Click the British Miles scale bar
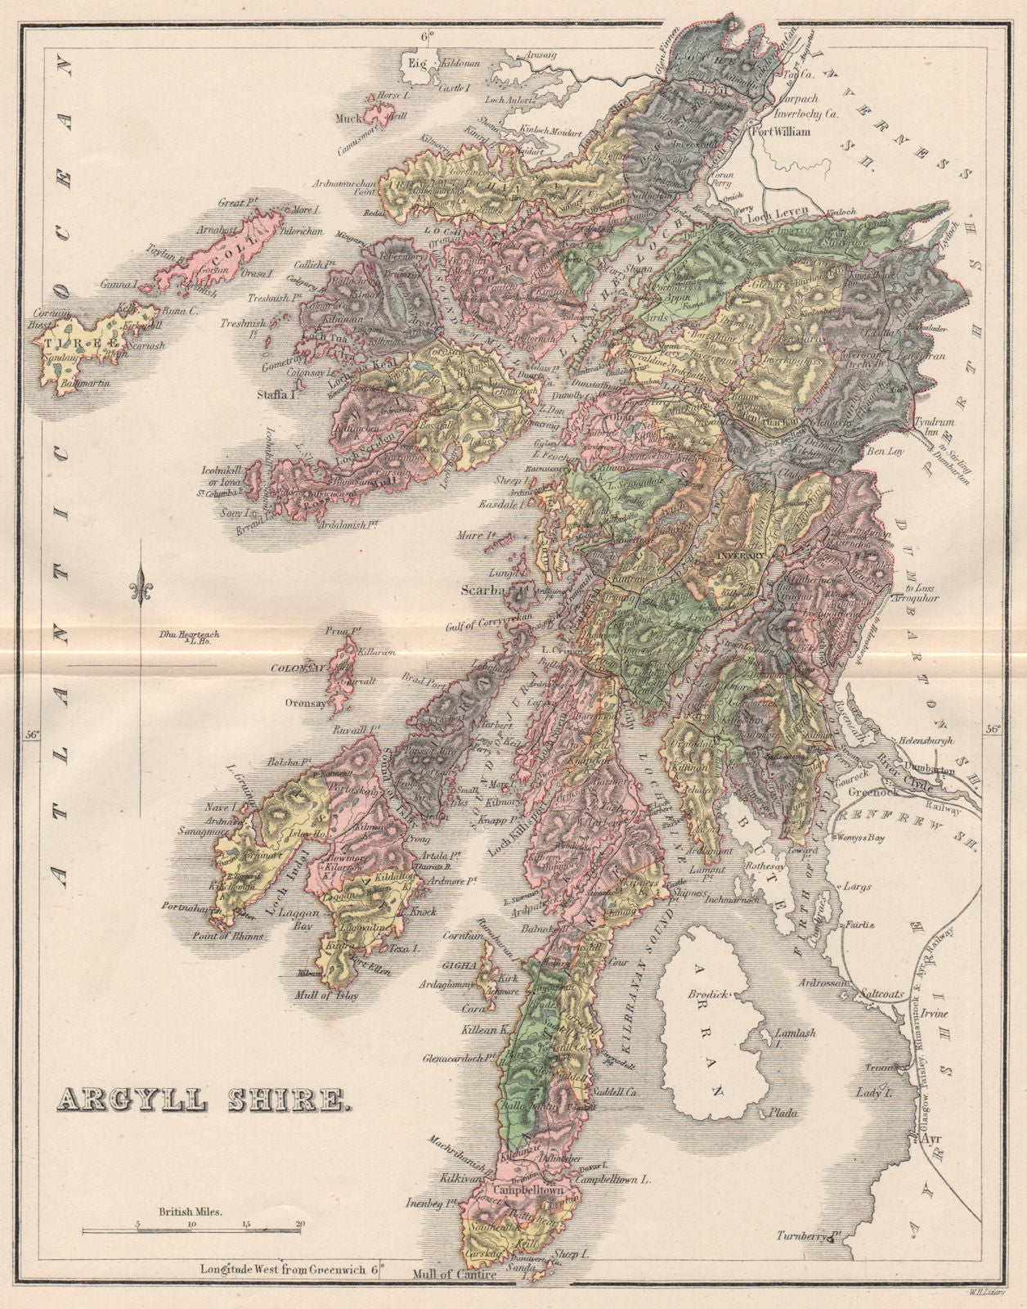(191, 1229)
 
